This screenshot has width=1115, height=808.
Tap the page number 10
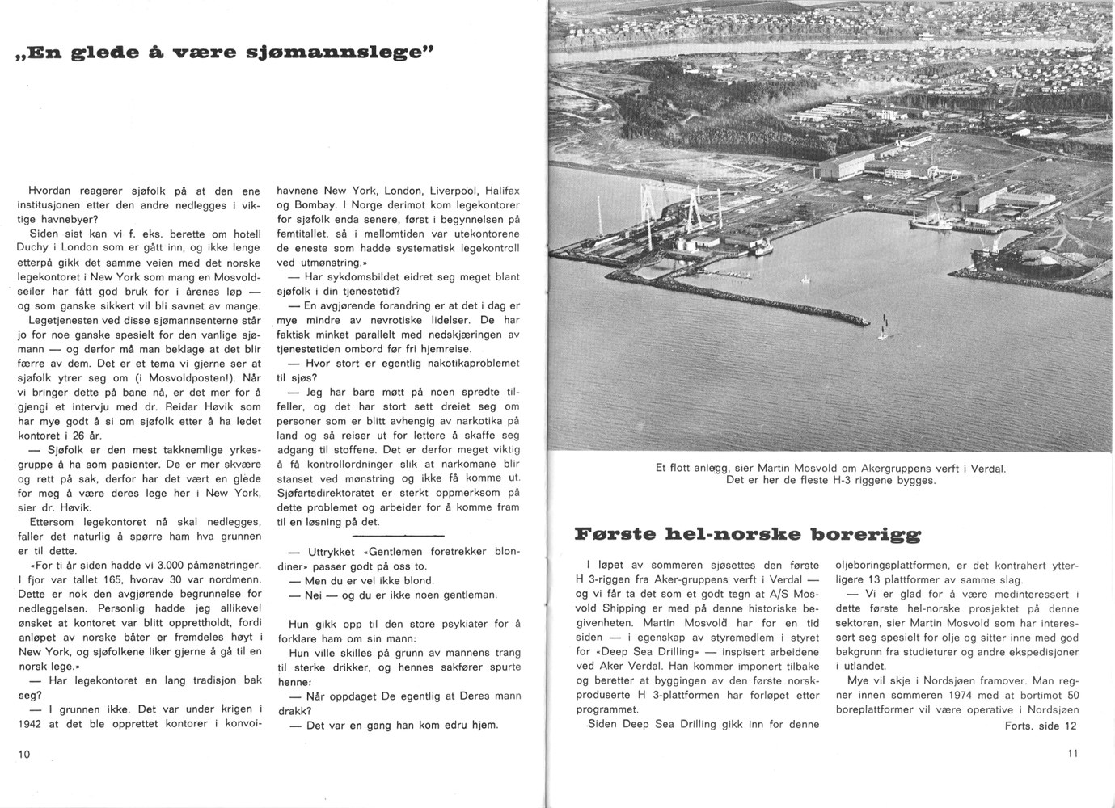[23, 754]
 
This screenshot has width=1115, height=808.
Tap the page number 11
[1072, 754]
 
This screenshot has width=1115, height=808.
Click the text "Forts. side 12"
[1041, 726]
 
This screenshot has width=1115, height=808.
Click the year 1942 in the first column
[30, 724]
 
